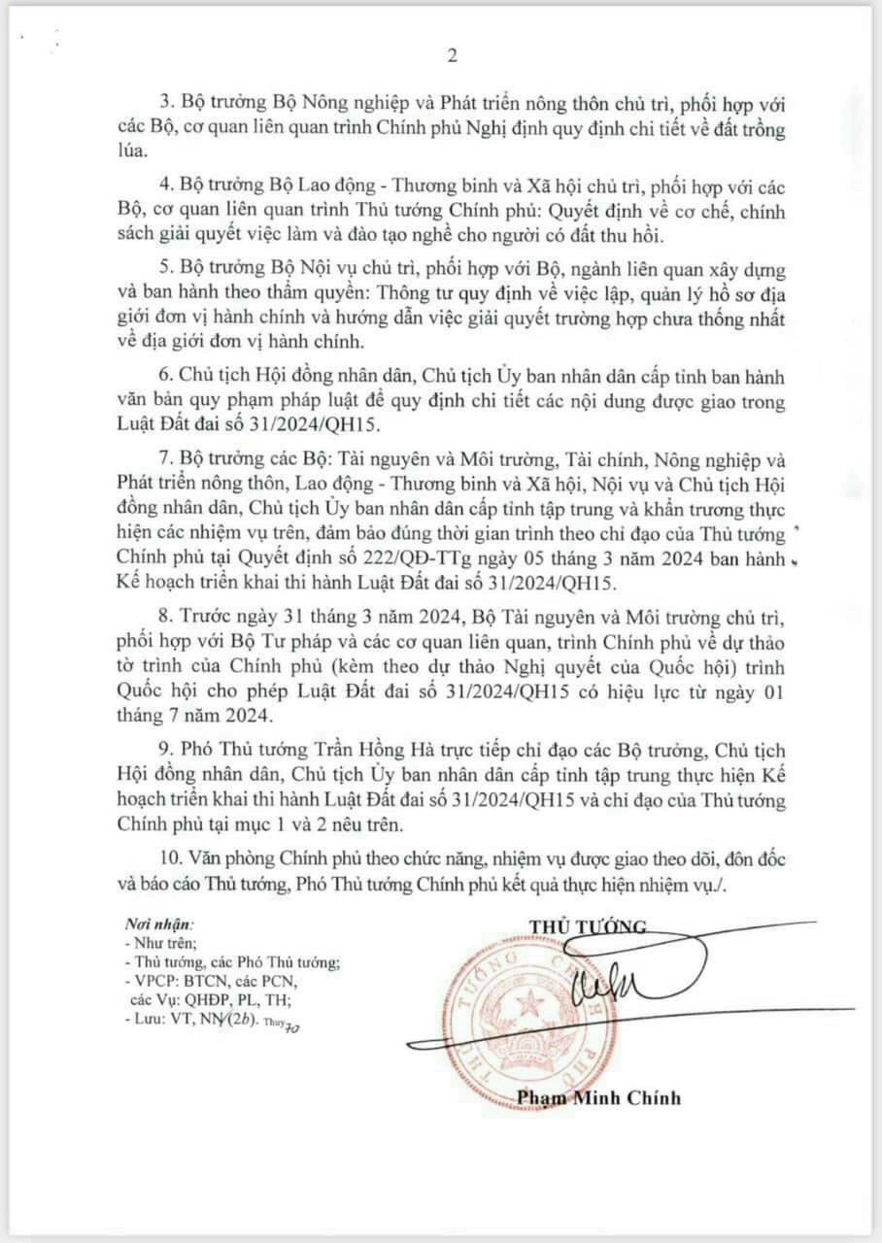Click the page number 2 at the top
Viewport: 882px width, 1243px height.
pos(452,56)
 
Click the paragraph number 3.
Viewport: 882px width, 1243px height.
pos(163,102)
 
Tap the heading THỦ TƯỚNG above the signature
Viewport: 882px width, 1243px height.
pos(589,924)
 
